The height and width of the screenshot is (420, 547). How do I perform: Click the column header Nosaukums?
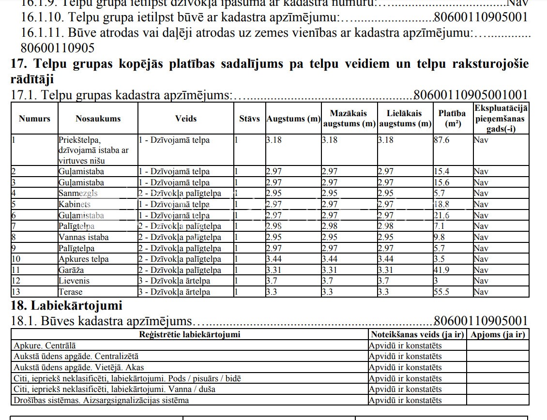[x=98, y=119]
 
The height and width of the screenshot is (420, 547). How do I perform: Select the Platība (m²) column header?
[x=452, y=119]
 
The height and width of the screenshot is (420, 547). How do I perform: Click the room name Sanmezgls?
[x=78, y=194]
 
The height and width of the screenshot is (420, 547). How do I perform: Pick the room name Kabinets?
[x=75, y=204]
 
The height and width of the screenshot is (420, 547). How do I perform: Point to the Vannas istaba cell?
[x=83, y=237]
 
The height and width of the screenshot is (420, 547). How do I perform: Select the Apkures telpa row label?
[x=83, y=259]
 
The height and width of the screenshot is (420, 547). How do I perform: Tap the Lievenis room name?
[x=74, y=281]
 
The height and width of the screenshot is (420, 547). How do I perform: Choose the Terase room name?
[x=71, y=292]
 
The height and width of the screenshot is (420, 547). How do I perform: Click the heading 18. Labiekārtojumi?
[x=66, y=306]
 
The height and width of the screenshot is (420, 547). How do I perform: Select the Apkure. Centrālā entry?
[x=45, y=345]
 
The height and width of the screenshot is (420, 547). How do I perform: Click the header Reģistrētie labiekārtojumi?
[x=189, y=334]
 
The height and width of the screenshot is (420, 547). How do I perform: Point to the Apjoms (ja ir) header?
[x=498, y=334]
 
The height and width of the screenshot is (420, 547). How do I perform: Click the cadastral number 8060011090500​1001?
[x=471, y=95]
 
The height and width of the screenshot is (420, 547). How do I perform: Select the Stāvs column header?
[x=249, y=119]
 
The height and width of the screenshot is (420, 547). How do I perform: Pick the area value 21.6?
[x=441, y=215]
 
